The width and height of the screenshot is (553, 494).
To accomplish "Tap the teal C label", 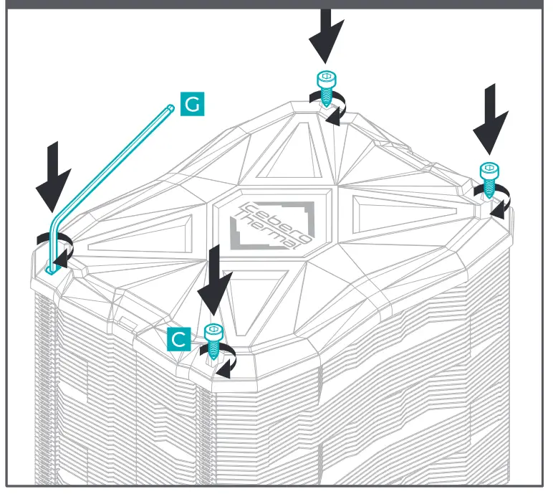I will pos(179,339).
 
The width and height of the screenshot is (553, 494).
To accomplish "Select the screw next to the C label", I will pos(213,341).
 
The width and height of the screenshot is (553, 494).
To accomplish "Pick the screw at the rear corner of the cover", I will pos(327,85).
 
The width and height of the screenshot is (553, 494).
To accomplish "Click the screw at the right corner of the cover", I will pos(490,179).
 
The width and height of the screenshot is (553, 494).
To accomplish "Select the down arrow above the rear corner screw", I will pos(327,32).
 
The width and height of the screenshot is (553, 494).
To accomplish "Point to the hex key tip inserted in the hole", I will pos(50,270).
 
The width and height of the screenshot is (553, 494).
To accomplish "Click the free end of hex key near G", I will pos(170,108).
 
